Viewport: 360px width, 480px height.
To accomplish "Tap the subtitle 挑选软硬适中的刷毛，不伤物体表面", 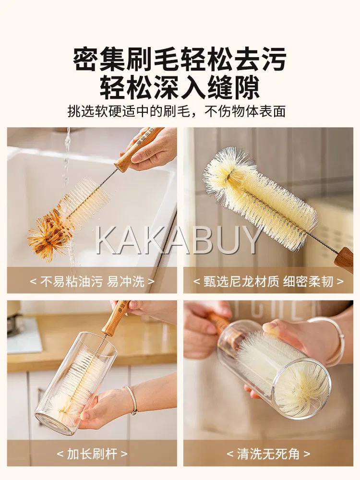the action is [x=176, y=111].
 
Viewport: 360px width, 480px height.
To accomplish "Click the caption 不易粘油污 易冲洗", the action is [x=92, y=281].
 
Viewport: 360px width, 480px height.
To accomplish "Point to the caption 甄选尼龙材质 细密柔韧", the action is [x=268, y=281].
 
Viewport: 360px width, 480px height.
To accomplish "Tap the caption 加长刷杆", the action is [x=92, y=454].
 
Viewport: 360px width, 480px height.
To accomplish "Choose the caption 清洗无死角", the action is [x=268, y=454].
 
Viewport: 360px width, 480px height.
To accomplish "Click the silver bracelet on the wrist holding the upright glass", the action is [x=131, y=399].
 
